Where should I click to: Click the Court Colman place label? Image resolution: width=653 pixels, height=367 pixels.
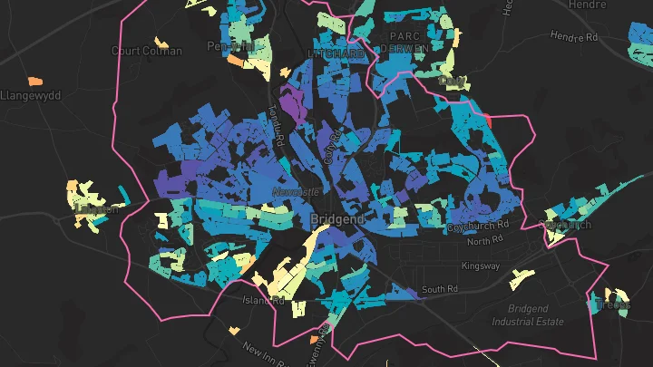coord(146,51)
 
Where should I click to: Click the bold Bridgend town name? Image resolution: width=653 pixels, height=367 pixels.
coord(336,220)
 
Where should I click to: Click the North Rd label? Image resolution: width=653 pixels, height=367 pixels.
coord(485,241)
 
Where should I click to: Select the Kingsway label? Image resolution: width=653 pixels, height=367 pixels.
coord(506,266)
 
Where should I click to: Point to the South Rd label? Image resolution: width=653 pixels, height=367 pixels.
coord(440,290)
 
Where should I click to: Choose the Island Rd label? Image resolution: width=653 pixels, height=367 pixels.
coord(263,299)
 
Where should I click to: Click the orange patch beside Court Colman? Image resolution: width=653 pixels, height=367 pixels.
coord(162,42)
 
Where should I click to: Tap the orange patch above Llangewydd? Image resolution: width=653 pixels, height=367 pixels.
coord(37,81)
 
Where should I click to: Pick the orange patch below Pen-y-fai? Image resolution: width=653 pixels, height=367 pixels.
coord(235,61)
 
